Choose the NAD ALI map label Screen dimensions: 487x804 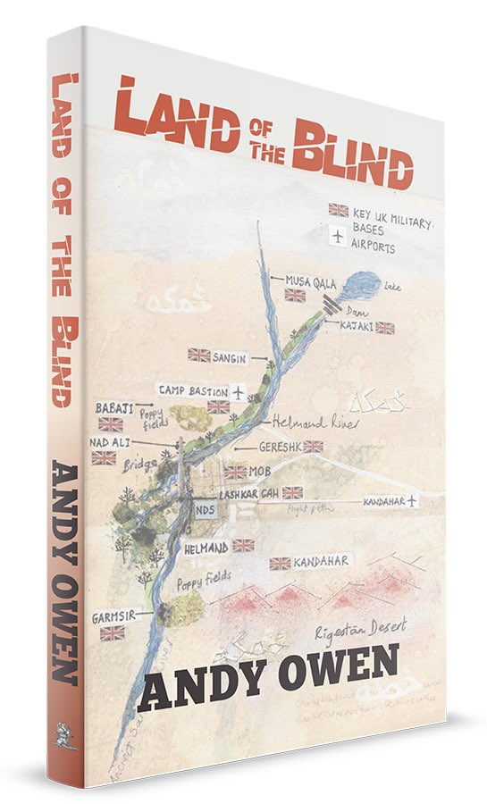pos(110,441)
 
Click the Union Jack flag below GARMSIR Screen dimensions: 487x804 pos(113,633)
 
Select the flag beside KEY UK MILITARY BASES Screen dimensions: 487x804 pos(338,210)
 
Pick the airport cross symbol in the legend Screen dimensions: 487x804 pos(338,237)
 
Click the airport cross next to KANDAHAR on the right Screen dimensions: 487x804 pos(411,502)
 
